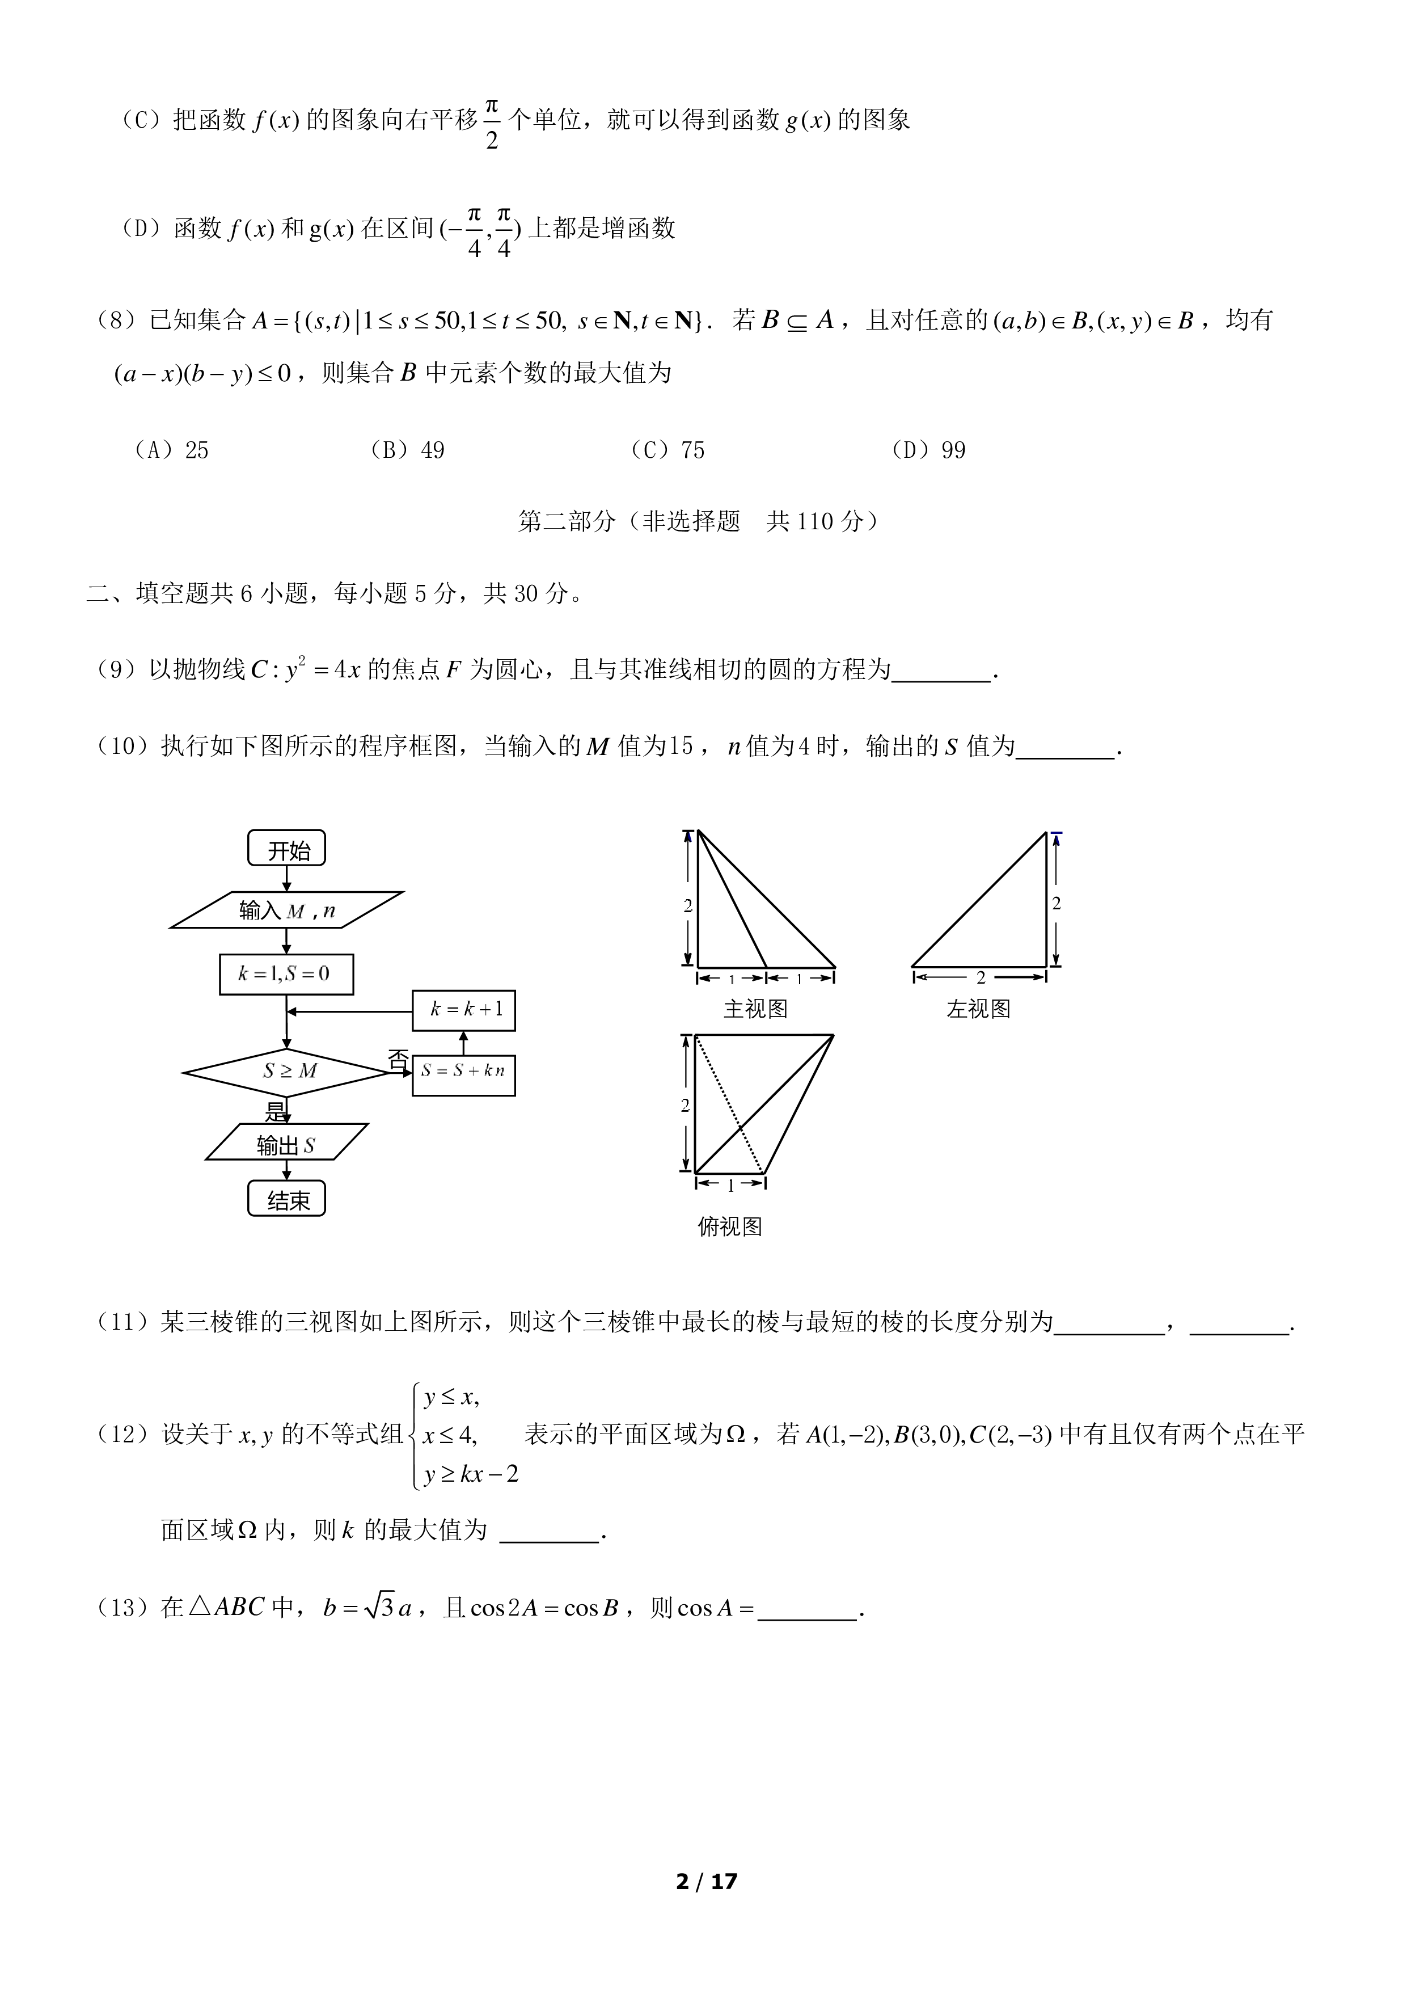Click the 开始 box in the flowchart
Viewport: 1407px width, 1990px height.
click(287, 849)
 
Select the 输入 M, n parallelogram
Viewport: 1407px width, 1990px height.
click(287, 910)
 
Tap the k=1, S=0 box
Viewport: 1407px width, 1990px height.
click(287, 973)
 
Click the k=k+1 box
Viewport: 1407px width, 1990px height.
click(463, 1010)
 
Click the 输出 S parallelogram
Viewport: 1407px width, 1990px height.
click(287, 1142)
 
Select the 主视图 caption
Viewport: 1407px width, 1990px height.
click(755, 1009)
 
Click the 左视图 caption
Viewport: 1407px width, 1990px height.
click(979, 1009)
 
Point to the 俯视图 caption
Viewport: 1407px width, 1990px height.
click(729, 1226)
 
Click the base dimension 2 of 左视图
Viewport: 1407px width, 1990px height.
click(981, 977)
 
